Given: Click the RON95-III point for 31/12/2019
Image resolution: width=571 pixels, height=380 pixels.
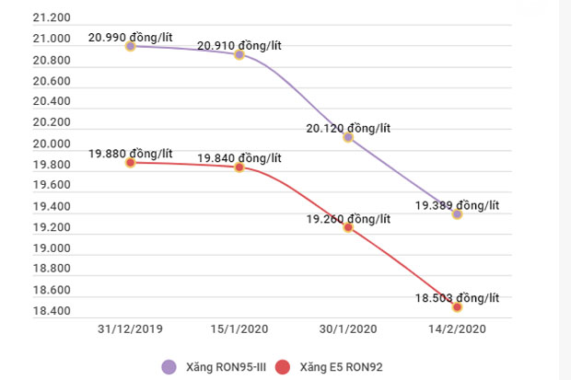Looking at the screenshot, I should (x=130, y=45).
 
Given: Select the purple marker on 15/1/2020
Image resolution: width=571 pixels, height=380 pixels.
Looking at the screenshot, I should (x=239, y=54).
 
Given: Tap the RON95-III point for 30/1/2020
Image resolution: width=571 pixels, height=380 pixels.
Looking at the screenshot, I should (x=348, y=137).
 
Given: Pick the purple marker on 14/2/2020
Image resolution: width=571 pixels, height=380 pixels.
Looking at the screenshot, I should (x=457, y=213).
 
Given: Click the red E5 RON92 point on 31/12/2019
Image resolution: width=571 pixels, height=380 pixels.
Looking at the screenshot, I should (x=130, y=162).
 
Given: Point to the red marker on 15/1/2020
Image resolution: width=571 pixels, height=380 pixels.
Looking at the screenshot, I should (x=239, y=167).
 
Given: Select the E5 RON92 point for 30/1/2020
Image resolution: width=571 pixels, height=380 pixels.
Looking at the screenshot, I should (x=348, y=226).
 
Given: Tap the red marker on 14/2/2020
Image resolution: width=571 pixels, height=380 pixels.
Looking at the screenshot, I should (x=457, y=306).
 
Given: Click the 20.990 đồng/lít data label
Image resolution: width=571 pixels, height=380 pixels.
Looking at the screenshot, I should (x=130, y=37).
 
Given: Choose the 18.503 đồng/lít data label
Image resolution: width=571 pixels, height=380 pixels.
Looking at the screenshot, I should (x=457, y=297).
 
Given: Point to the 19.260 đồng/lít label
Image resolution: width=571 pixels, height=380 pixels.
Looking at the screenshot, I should (x=348, y=218).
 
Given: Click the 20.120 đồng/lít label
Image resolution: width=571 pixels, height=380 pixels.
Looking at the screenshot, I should (x=348, y=128).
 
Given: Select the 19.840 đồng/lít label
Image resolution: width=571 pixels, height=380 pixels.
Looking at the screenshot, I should (x=239, y=158).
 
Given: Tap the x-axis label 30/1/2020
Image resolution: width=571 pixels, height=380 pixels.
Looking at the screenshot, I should (x=348, y=328).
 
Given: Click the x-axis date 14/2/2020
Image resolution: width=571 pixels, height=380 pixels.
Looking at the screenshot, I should (x=457, y=328).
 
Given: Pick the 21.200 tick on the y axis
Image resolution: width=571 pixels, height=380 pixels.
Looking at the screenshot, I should (x=51, y=18).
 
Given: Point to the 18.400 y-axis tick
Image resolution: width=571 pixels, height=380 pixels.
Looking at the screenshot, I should (x=51, y=311).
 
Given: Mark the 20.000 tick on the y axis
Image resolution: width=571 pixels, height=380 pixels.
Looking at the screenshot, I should (x=51, y=144).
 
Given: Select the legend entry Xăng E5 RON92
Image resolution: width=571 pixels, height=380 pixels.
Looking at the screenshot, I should (x=329, y=366).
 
